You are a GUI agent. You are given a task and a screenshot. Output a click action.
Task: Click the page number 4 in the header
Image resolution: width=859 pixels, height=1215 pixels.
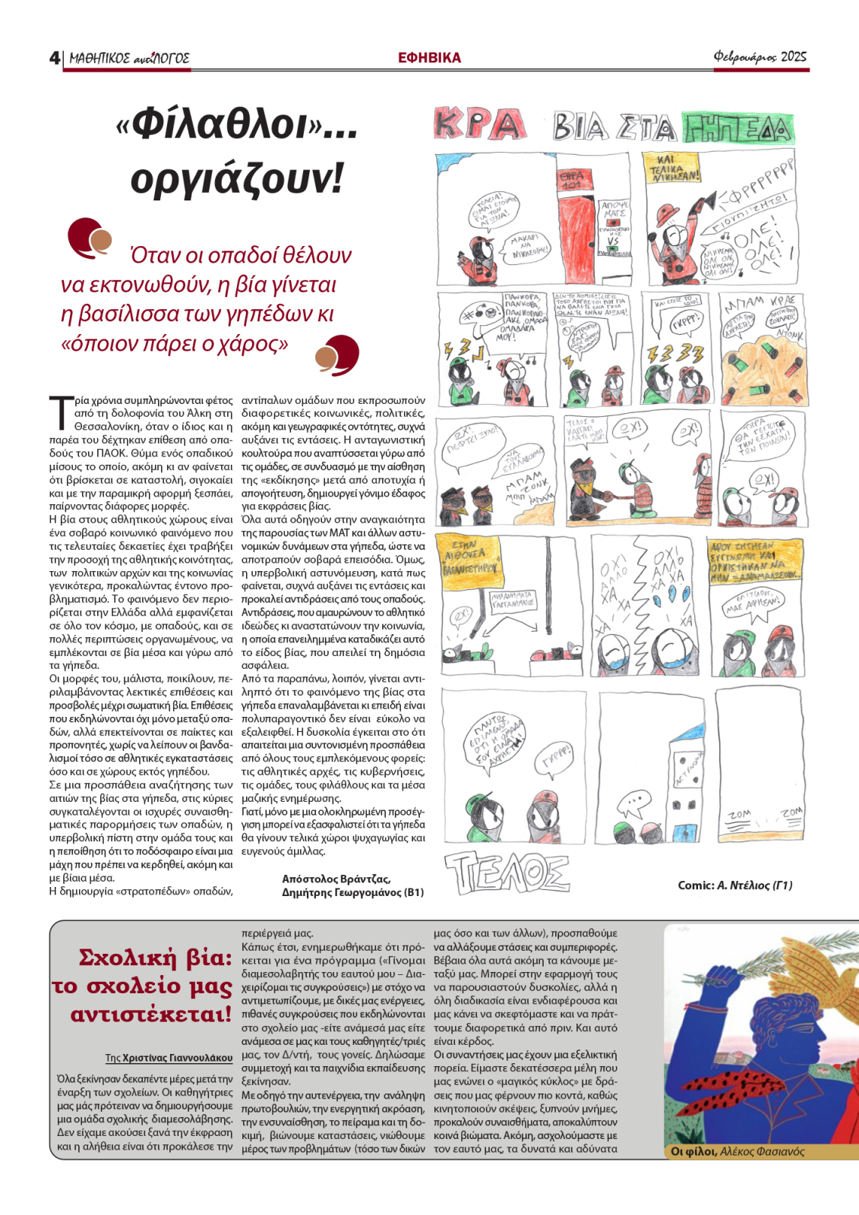(x=54, y=58)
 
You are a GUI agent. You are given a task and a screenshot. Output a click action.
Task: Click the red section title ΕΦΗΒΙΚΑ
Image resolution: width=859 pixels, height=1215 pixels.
(x=429, y=58)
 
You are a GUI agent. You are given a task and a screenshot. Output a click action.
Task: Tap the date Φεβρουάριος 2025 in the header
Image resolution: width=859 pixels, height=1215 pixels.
(x=760, y=57)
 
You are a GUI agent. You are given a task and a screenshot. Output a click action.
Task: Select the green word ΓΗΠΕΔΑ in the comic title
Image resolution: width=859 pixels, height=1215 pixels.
(x=737, y=128)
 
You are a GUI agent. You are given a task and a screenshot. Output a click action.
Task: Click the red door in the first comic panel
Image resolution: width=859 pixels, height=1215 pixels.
(x=577, y=220)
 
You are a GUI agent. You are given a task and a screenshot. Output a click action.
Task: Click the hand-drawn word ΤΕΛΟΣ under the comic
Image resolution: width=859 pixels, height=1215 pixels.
(x=507, y=872)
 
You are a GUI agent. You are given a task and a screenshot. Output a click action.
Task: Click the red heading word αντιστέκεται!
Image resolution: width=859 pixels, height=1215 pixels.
(x=150, y=1014)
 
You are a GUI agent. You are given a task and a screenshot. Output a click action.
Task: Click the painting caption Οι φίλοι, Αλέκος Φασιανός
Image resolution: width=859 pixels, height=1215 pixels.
(x=737, y=1151)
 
